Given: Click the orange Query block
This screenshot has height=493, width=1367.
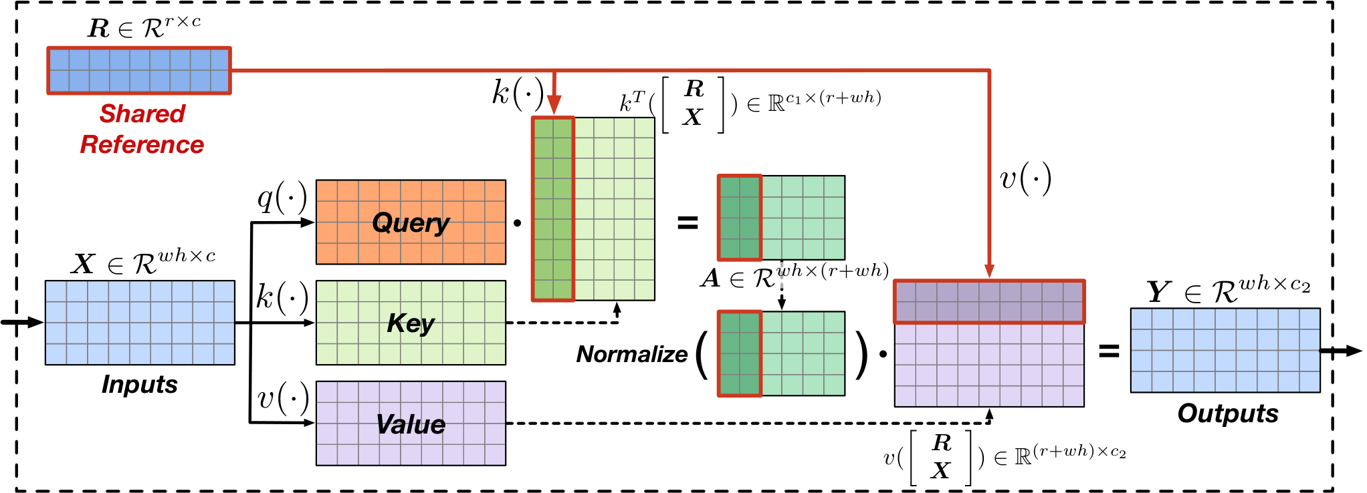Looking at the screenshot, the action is pos(411,222).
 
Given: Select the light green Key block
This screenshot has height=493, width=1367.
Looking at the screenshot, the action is pos(411,323).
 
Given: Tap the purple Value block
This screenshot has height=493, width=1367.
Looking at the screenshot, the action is pos(411,423).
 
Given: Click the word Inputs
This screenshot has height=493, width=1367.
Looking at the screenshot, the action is pos(140,385).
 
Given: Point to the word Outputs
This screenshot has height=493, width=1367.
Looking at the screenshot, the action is pos(1228,414).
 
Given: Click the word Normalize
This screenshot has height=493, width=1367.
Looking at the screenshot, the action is pos(632,354).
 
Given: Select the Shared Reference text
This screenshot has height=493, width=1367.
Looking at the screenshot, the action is pos(142,129).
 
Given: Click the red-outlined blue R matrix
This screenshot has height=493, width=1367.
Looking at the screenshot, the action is pos(139,70).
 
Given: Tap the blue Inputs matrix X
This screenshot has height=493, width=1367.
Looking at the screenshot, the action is pos(140,323).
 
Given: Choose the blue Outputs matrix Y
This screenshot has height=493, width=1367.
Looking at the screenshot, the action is pos(1225,350).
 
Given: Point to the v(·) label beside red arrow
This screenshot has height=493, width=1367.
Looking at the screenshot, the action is pos(1025,178).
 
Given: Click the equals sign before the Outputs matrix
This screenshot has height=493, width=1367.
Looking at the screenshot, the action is pos(1109,351).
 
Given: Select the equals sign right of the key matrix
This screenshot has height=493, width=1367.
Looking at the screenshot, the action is pos(688,222).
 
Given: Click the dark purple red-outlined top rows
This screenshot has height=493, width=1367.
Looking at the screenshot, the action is pos(989,301).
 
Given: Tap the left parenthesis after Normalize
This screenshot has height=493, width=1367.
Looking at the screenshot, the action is pos(702,355).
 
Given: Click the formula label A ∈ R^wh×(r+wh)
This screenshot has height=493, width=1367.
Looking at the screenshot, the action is pos(795,275).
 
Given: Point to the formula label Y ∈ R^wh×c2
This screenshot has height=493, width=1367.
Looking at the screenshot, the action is pos(1229,290).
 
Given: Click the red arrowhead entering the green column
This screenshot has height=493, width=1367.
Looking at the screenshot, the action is pos(554,105).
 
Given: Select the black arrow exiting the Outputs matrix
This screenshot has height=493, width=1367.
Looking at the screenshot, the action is pos(1340,351).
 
